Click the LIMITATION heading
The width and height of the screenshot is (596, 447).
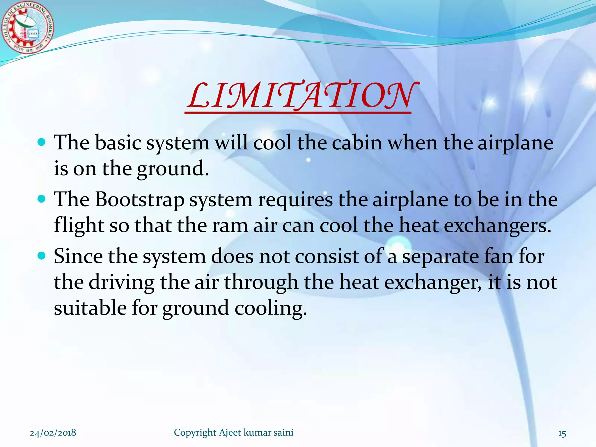[x=300, y=95]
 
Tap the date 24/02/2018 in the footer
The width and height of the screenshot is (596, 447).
[x=53, y=433]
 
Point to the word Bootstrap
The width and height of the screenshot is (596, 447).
[x=140, y=201]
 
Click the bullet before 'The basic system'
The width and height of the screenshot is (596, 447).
[x=42, y=142]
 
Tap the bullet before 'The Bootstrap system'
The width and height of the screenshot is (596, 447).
[x=42, y=199]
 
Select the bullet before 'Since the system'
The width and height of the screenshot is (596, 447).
[x=42, y=256]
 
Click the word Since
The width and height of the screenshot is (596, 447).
[x=78, y=256]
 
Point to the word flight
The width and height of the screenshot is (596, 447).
[x=79, y=226]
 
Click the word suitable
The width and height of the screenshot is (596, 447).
[x=90, y=308]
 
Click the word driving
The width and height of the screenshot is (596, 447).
[x=121, y=283]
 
